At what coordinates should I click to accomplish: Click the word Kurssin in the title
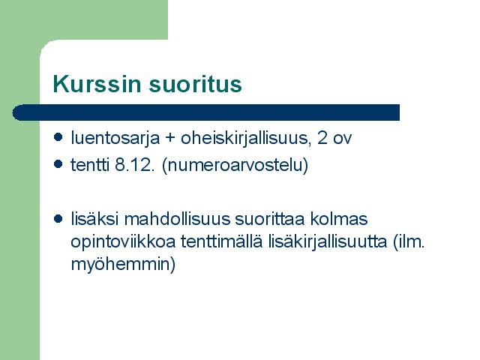(x=97, y=83)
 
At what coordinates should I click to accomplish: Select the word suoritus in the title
(x=195, y=84)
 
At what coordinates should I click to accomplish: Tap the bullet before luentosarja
(x=58, y=136)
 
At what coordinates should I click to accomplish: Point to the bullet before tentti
(x=58, y=164)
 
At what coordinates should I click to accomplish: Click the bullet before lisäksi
(x=58, y=218)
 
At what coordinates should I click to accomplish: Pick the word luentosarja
(x=115, y=138)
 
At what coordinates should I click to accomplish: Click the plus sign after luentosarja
(x=170, y=138)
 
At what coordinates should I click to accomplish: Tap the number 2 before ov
(x=322, y=137)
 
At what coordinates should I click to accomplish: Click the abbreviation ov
(x=342, y=139)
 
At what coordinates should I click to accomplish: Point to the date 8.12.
(x=134, y=165)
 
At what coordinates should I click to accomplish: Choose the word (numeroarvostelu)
(x=235, y=166)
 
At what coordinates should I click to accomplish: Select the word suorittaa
(x=270, y=219)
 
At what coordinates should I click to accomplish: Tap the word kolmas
(x=339, y=219)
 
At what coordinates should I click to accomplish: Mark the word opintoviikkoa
(x=123, y=242)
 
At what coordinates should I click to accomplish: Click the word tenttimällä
(x=222, y=241)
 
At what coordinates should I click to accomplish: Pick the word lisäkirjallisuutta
(x=328, y=242)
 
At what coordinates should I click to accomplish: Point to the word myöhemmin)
(x=123, y=265)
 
